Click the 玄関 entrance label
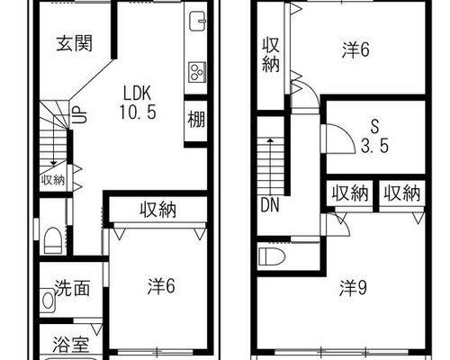point(74,44)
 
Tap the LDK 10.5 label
point(138,103)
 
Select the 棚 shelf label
point(196,119)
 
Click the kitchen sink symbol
point(198,22)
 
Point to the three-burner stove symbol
point(197,72)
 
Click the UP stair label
point(80,115)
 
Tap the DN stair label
point(270,205)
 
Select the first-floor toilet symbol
point(53,240)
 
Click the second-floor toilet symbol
point(272,256)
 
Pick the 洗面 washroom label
point(73,288)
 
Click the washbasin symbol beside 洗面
point(48,301)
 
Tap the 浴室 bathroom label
point(71,345)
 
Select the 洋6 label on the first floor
point(161,286)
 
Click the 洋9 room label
point(353,288)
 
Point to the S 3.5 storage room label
point(374,137)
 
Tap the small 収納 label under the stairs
point(53,180)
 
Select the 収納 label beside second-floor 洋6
point(271,55)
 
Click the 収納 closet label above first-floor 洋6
point(158,210)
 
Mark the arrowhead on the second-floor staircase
point(270,140)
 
